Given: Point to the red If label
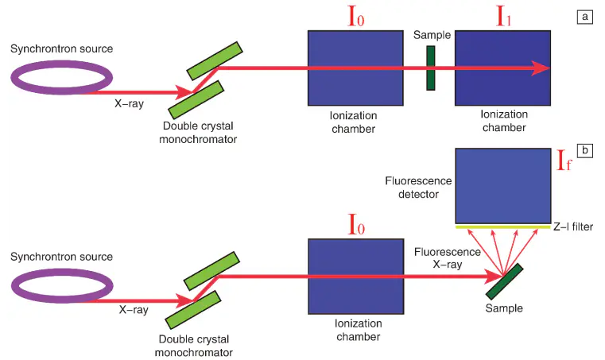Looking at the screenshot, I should tap(565, 165).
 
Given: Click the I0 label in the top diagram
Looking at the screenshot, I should tap(356, 15).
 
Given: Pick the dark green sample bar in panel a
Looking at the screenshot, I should tap(431, 68).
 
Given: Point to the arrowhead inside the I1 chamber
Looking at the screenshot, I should tap(541, 68).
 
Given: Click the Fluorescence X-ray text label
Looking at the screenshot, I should tap(448, 258).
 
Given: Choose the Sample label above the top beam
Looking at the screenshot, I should tap(432, 36).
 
